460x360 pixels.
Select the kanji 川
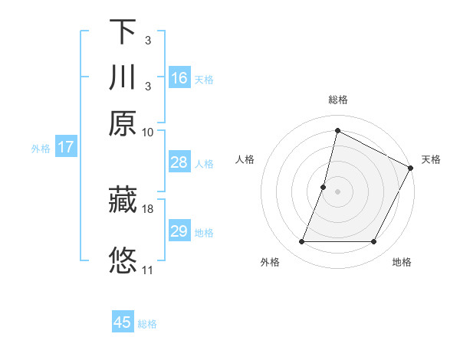tap(123, 78)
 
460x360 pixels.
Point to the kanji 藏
tap(123, 201)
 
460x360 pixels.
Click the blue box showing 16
tap(179, 78)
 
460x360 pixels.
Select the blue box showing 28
tap(179, 162)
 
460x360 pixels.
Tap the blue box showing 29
tap(179, 231)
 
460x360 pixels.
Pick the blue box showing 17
tap(65, 147)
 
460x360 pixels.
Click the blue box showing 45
tap(123, 322)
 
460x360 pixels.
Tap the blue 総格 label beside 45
tap(147, 324)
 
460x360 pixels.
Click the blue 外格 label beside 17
tap(41, 149)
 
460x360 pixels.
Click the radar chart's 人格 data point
tap(324, 187)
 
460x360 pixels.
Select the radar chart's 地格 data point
tap(374, 242)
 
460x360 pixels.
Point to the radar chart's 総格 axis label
tap(337, 100)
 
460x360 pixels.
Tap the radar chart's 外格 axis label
tap(270, 262)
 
